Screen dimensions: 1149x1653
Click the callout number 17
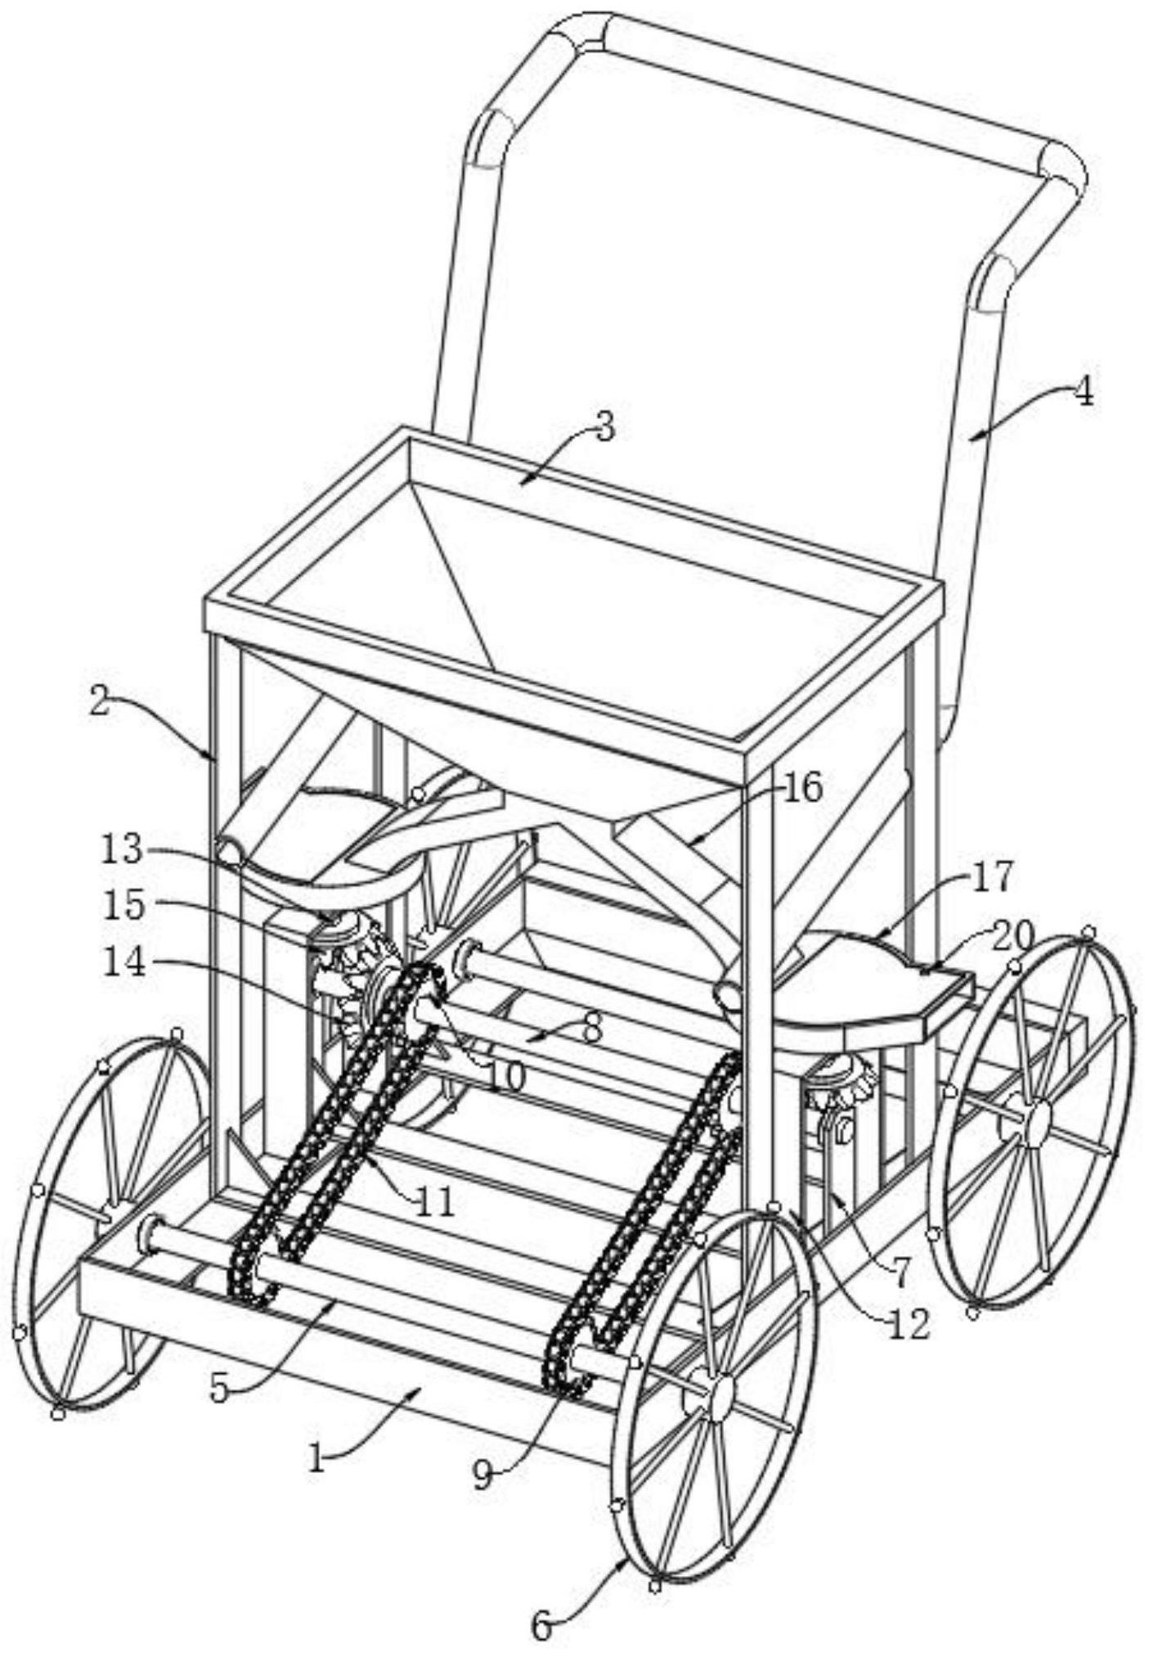coord(992,876)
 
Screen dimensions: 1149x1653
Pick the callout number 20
coord(1014,935)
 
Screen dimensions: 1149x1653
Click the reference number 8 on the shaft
coord(591,1029)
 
